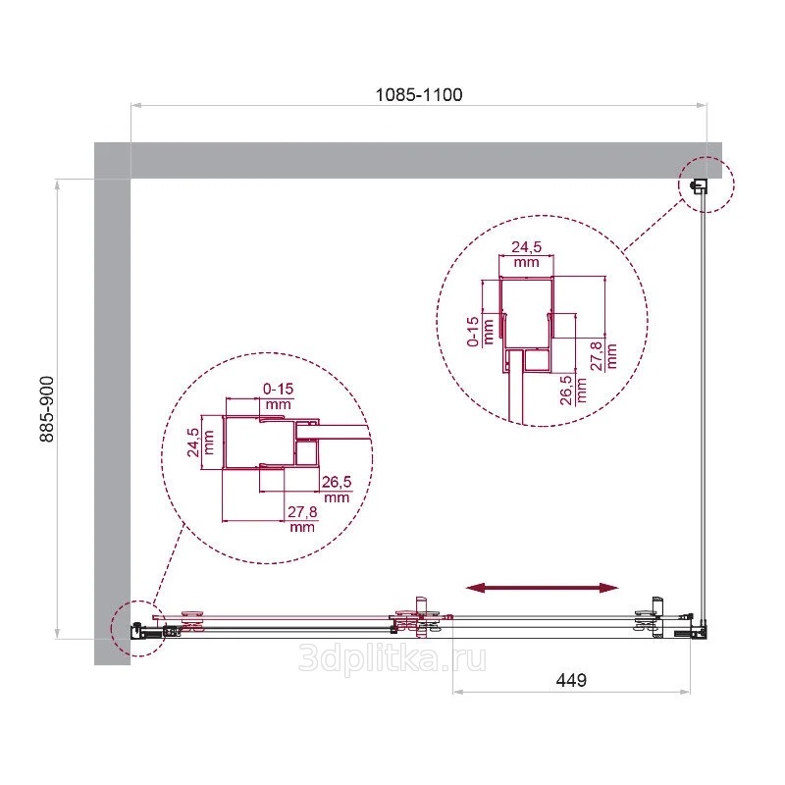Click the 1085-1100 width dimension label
tap(419, 94)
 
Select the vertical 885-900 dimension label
tap(47, 409)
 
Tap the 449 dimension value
tap(571, 680)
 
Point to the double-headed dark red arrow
tap(543, 588)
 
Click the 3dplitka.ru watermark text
tap(392, 658)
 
